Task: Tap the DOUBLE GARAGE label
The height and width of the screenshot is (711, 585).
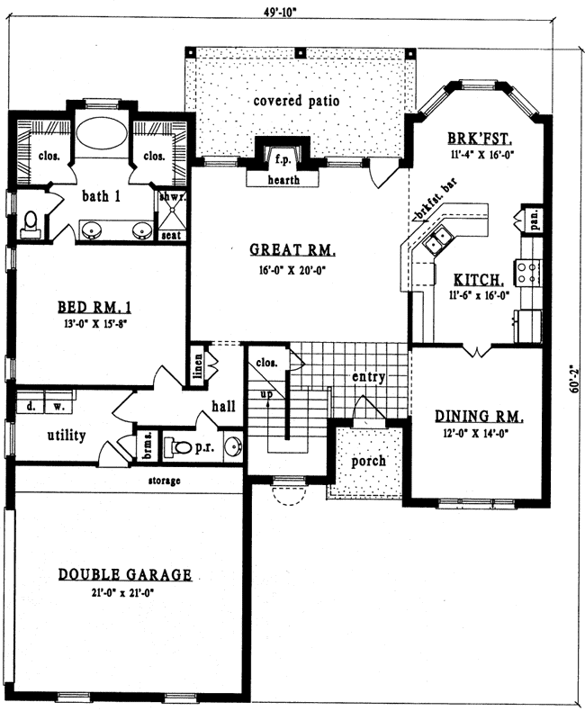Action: coord(125,574)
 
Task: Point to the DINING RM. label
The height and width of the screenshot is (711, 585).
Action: coord(478,417)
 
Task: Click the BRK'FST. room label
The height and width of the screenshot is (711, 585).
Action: coord(480,139)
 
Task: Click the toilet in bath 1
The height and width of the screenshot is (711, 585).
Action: coord(30,222)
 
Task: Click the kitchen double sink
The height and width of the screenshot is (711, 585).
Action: coord(439,240)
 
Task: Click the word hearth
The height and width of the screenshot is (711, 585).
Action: coord(282,180)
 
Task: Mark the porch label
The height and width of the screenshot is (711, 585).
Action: coord(369,461)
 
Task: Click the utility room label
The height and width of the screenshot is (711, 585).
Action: coord(66,436)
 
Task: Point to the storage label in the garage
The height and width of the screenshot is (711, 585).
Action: coord(165,481)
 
